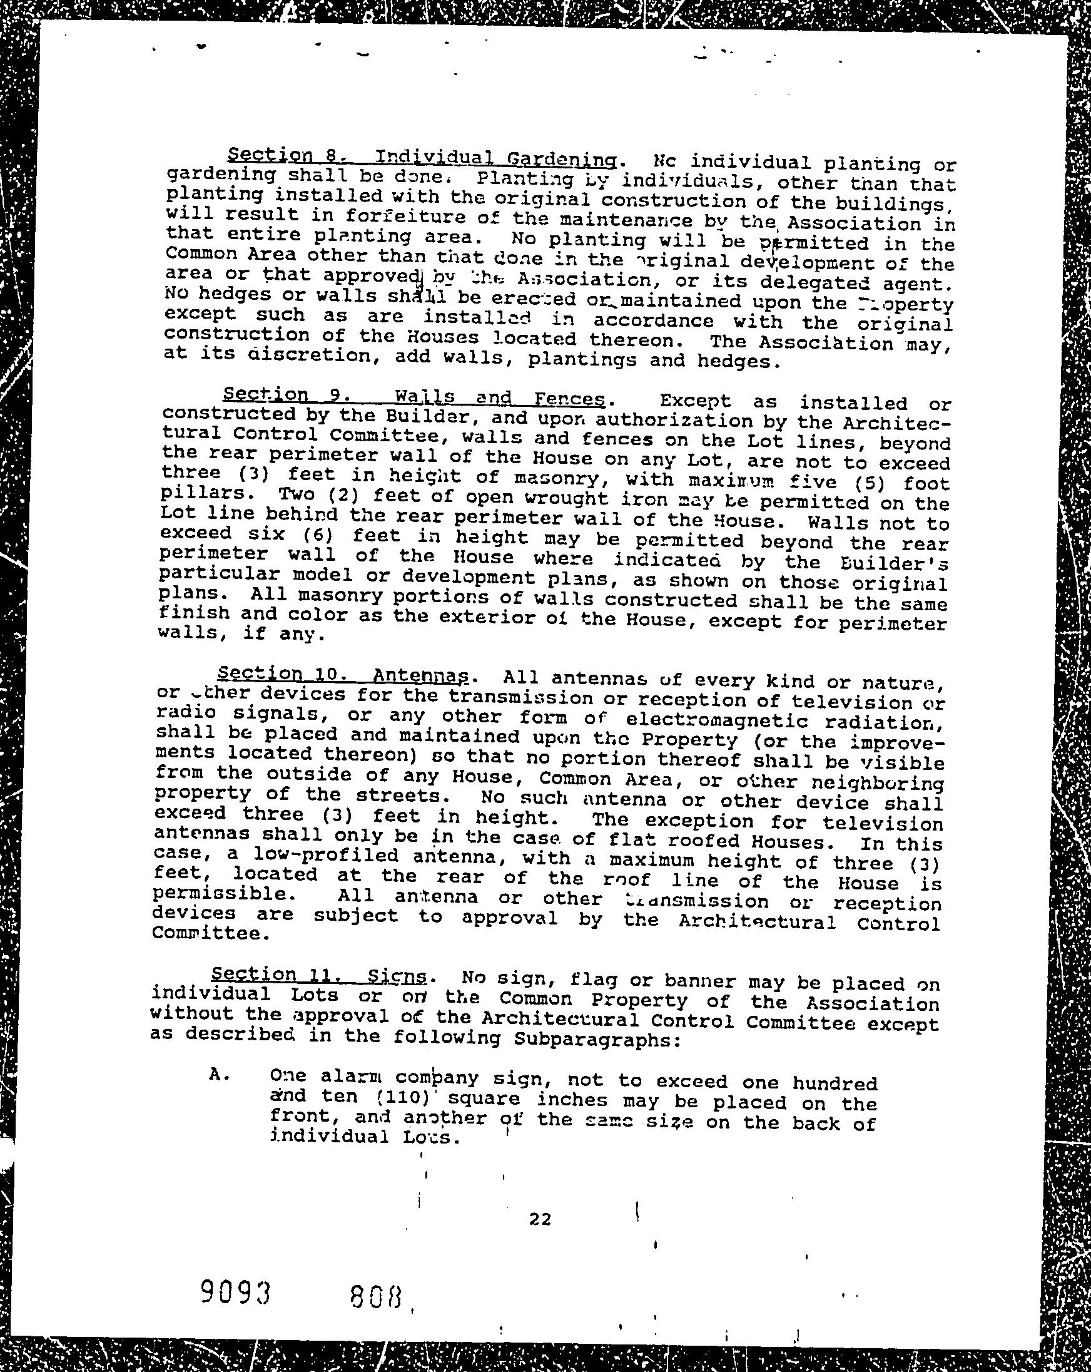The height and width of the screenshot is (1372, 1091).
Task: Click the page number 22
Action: [539, 1219]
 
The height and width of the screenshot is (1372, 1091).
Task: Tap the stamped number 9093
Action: [235, 1293]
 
